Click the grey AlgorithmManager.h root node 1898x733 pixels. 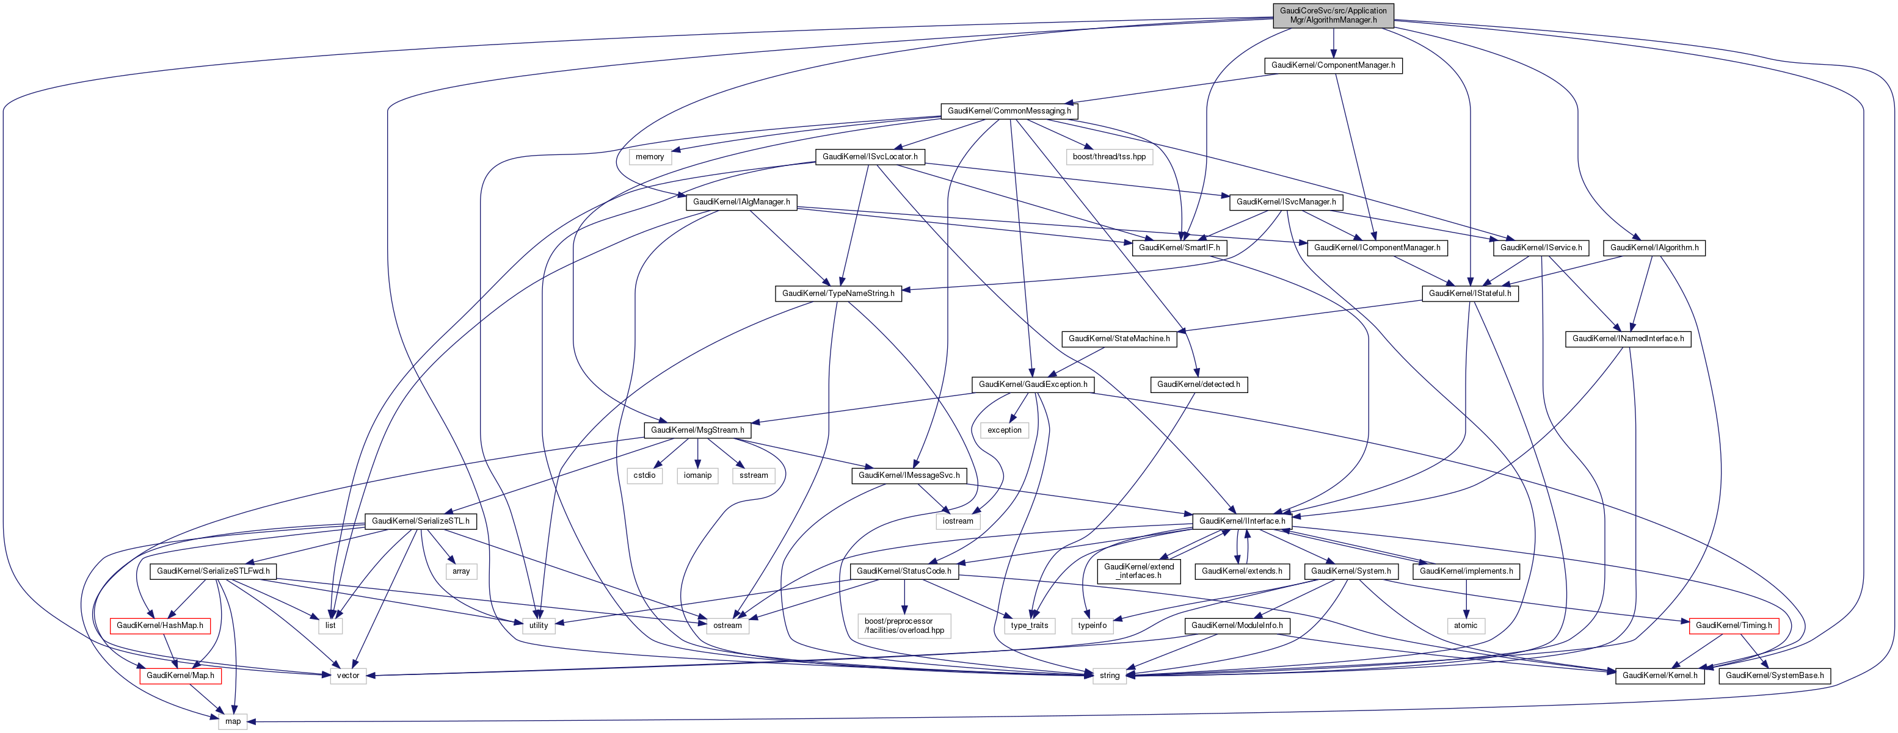click(1333, 15)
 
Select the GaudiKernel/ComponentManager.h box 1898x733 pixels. click(1333, 65)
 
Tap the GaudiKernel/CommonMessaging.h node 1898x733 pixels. click(1009, 111)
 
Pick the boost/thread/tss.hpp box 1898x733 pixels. click(1109, 157)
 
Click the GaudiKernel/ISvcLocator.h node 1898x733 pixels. click(870, 157)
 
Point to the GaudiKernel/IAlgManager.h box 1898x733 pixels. click(741, 202)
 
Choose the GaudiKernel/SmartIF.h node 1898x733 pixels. click(1179, 248)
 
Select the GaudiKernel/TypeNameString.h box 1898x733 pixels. click(838, 293)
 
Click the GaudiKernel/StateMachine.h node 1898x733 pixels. click(1119, 339)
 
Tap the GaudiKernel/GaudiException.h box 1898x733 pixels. click(1032, 385)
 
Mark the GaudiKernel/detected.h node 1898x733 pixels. click(1198, 385)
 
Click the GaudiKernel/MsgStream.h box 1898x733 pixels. click(697, 430)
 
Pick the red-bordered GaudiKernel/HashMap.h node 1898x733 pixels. click(159, 626)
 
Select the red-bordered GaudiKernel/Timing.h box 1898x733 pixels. click(1733, 626)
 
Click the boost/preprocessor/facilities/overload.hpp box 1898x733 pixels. click(904, 626)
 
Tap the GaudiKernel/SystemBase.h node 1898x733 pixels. click(1774, 676)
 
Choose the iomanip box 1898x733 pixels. click(697, 476)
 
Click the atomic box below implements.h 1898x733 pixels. click(1466, 626)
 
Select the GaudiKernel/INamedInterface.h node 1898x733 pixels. click(1627, 339)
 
